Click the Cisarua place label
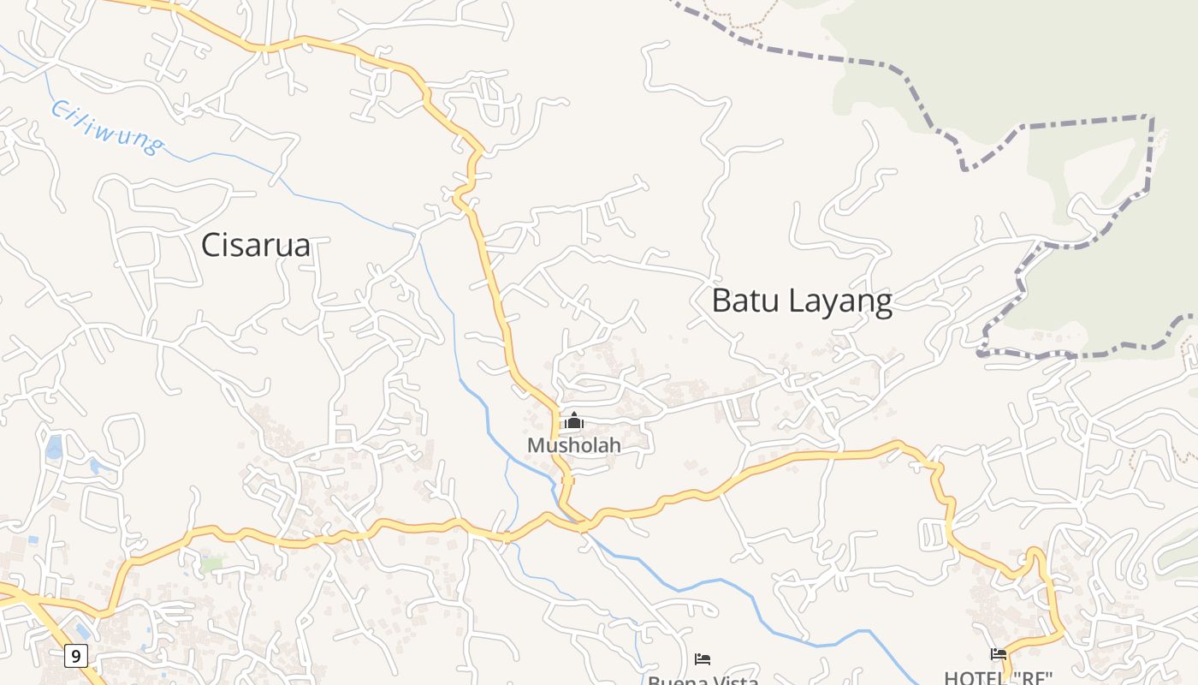point(255,246)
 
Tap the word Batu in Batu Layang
point(745,301)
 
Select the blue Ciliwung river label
point(106,128)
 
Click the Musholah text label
point(574,445)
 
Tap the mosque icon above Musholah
point(574,420)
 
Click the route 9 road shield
point(76,657)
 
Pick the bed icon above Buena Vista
point(703,658)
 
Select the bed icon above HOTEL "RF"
point(999,654)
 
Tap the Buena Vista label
point(703,681)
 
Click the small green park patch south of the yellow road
point(212,564)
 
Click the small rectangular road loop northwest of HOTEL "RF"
point(930,534)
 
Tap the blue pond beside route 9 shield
point(82,631)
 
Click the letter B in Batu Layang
point(722,301)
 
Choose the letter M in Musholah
point(537,445)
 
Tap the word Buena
point(674,681)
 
